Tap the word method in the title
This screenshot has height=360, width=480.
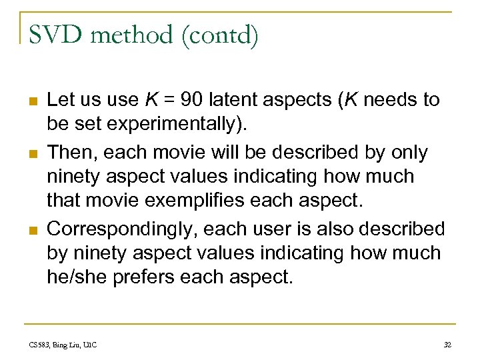click(x=131, y=35)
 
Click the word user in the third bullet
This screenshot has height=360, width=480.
click(x=277, y=229)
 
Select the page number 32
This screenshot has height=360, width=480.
click(x=447, y=345)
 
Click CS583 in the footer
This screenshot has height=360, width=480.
click(x=39, y=345)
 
